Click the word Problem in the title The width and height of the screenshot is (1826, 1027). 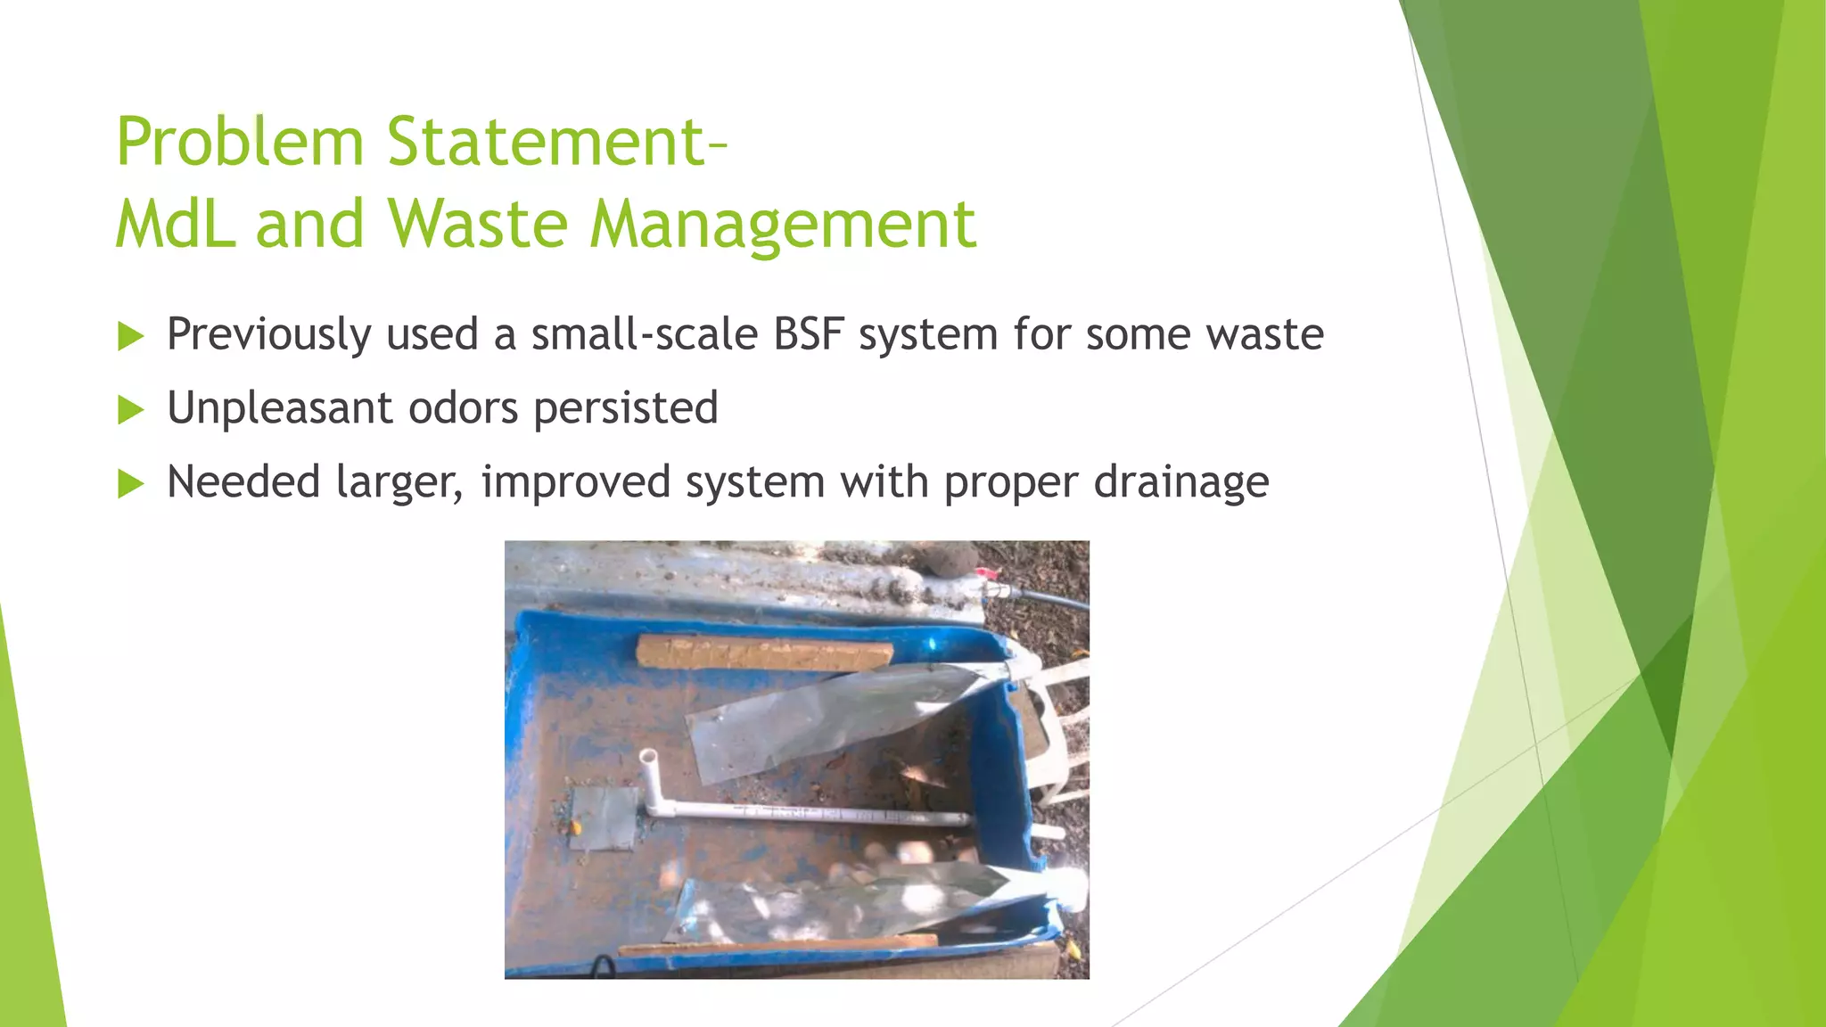pos(240,143)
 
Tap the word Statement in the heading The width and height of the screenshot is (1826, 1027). pos(547,143)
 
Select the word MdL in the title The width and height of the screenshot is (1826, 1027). pos(177,224)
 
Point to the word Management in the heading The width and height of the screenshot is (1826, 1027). pos(783,226)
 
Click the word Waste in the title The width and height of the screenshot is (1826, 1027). pos(477,224)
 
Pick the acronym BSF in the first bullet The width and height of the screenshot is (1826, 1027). pos(809,335)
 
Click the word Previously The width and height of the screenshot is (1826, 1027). pos(269,336)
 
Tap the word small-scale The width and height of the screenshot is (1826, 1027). pos(644,335)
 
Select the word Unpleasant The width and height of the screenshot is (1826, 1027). pos(280,409)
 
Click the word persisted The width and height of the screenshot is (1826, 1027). pos(625,410)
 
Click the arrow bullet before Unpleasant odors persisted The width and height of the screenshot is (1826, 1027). pos(131,410)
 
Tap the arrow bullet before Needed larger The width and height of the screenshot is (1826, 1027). pos(131,484)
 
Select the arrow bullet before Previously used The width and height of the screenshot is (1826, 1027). pos(131,336)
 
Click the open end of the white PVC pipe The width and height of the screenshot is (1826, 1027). pos(648,757)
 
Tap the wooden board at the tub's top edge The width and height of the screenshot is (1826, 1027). pos(764,653)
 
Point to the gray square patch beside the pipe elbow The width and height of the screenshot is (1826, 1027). pos(604,818)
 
